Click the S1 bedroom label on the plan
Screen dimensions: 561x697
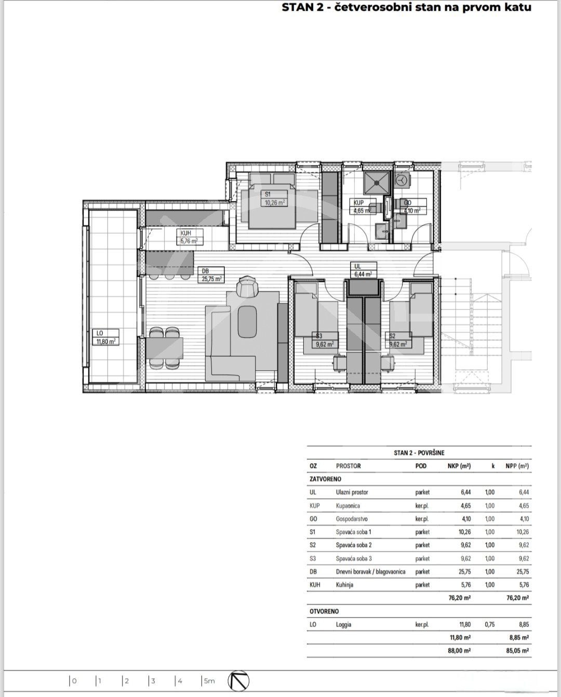pyautogui.click(x=274, y=199)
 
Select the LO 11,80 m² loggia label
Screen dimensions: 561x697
pyautogui.click(x=105, y=337)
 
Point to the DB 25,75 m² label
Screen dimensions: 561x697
pyautogui.click(x=211, y=275)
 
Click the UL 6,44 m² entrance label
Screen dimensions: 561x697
pyautogui.click(x=364, y=270)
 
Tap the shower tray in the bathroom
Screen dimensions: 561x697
pyautogui.click(x=376, y=183)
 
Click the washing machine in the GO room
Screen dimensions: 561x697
pyautogui.click(x=402, y=180)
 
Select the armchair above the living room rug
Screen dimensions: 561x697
pyautogui.click(x=248, y=285)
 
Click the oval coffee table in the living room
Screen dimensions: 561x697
pyautogui.click(x=247, y=321)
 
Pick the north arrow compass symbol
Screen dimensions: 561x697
pyautogui.click(x=238, y=681)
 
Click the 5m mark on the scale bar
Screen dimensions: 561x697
pyautogui.click(x=208, y=681)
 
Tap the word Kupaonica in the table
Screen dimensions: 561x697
pyautogui.click(x=348, y=505)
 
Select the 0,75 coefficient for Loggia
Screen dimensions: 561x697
pyautogui.click(x=490, y=624)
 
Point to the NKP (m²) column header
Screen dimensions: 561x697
pyautogui.click(x=460, y=466)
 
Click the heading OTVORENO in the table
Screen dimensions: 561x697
pyautogui.click(x=324, y=611)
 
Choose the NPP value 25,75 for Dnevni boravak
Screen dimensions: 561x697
pyautogui.click(x=523, y=572)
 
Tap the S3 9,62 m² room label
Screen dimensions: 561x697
pyautogui.click(x=325, y=340)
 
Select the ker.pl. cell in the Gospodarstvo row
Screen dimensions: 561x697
pyautogui.click(x=422, y=519)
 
